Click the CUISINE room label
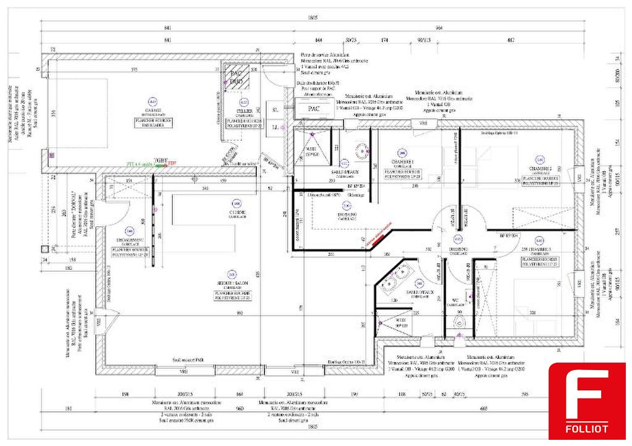pos(235,211)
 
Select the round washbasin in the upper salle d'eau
pos(361,148)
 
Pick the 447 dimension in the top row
pos(510,40)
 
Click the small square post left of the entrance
pos(44,249)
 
